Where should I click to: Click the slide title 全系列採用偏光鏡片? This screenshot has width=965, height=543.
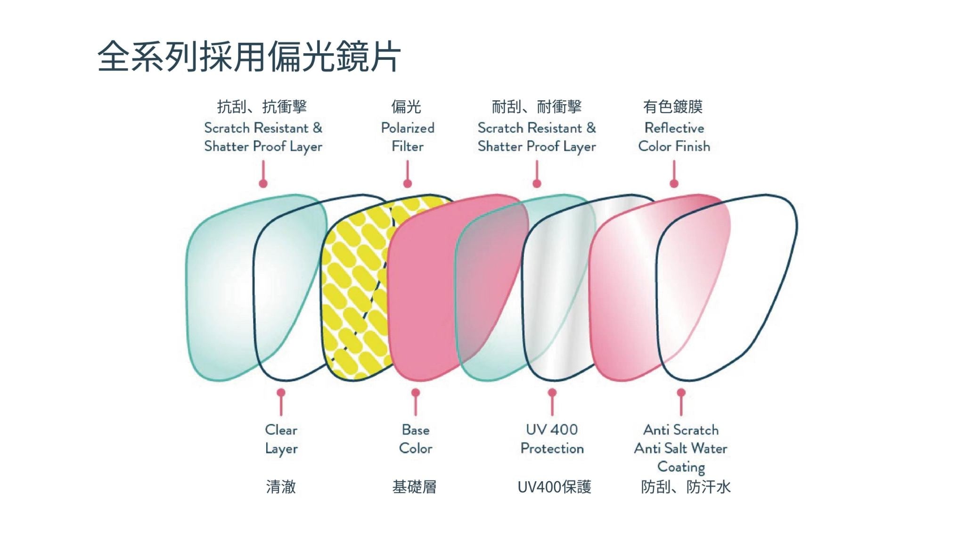[x=249, y=57]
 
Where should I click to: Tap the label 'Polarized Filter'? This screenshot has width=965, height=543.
[x=408, y=137]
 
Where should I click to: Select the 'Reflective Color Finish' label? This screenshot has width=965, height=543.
[x=674, y=137]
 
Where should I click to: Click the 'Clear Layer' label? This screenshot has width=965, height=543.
[x=281, y=439]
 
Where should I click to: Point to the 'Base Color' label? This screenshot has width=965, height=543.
[x=416, y=439]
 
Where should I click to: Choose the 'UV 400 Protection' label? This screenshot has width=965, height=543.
[x=552, y=439]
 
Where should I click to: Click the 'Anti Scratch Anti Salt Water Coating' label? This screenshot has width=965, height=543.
[x=681, y=448]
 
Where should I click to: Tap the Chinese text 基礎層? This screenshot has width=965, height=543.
[x=415, y=486]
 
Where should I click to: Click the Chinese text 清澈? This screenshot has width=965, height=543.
[x=281, y=486]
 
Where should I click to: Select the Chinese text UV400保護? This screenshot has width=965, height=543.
[x=554, y=486]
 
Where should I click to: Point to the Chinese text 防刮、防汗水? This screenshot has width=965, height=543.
[x=686, y=486]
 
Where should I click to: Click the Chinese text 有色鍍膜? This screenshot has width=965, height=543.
[x=673, y=107]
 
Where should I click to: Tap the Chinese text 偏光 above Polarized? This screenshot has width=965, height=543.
[x=406, y=107]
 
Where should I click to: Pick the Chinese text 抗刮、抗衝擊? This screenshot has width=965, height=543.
[x=262, y=107]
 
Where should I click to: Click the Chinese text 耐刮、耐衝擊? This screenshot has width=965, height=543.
[x=537, y=107]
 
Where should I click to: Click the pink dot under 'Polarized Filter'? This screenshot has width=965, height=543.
[x=408, y=183]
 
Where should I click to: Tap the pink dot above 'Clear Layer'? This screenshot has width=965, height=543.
[x=281, y=393]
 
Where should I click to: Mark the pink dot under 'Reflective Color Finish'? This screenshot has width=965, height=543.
[x=674, y=183]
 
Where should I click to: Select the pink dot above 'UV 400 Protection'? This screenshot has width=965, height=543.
[x=552, y=393]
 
